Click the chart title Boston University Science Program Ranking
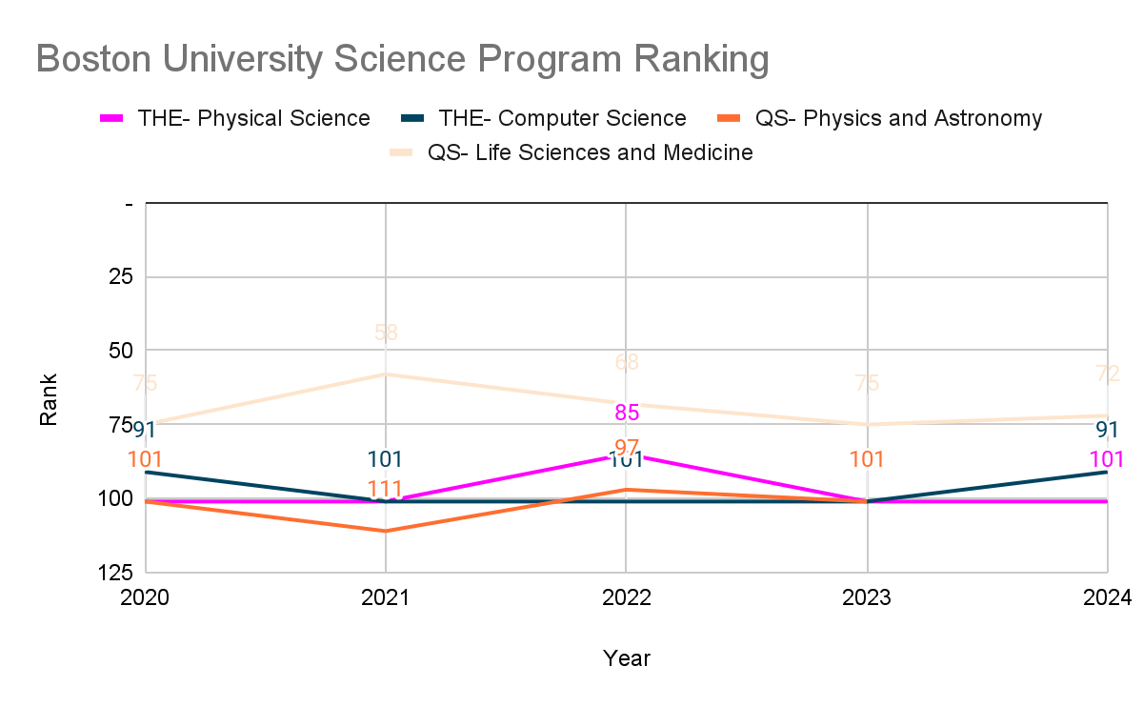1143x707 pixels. [x=402, y=59]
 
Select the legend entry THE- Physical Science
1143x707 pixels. [x=253, y=118]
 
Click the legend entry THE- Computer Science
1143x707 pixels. [x=562, y=118]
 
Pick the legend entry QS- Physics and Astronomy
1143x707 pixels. [x=898, y=118]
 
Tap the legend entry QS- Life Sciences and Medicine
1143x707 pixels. [x=590, y=152]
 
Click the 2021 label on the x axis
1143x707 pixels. [x=385, y=598]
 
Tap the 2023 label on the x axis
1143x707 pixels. [x=867, y=598]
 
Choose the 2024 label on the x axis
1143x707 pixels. [x=1107, y=598]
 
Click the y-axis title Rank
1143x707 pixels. [x=49, y=399]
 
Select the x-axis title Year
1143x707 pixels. [x=626, y=658]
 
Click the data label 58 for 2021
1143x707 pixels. [x=386, y=333]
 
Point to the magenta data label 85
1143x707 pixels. [x=627, y=413]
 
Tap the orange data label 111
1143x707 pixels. [x=385, y=490]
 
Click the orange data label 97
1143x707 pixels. [x=627, y=448]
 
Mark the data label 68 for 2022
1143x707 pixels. [x=627, y=362]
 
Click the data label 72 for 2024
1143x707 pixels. [x=1107, y=374]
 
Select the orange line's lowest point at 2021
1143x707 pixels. [x=386, y=531]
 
